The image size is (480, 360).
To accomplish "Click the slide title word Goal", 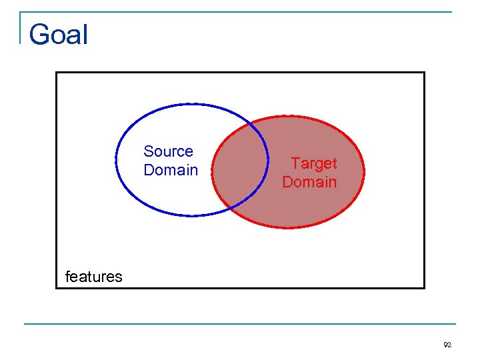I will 59,34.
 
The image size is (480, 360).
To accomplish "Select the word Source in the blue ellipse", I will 168,151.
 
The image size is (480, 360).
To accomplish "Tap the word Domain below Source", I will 171,170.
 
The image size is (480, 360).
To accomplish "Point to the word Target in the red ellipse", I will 314,163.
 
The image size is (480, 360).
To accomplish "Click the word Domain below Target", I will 309,181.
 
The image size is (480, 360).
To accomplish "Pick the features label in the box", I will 93,277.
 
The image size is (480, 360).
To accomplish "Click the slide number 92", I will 447,345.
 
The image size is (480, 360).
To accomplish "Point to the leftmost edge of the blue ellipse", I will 117,160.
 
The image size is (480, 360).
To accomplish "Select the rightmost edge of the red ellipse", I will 366,172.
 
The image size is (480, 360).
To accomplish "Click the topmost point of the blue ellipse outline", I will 192,104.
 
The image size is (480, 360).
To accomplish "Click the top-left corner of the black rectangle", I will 56,72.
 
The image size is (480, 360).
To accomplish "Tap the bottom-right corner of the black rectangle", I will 424,287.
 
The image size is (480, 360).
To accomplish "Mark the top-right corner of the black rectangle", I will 424,72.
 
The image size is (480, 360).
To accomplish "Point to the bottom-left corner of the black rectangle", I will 56,287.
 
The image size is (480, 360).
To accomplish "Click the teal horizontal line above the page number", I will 240,324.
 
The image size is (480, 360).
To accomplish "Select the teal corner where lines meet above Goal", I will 21,12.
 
